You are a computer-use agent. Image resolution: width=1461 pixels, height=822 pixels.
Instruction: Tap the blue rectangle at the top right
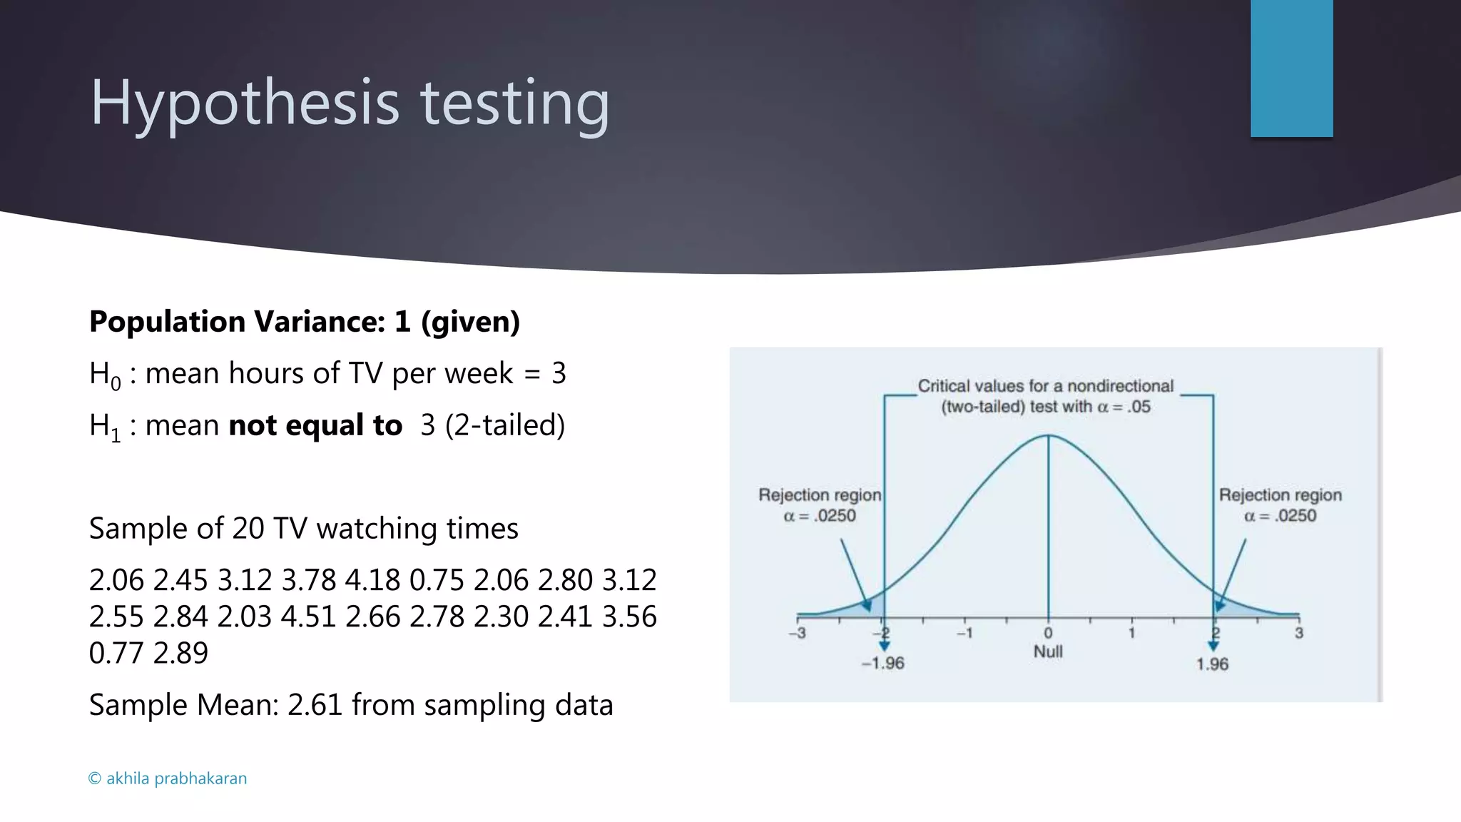(x=1291, y=68)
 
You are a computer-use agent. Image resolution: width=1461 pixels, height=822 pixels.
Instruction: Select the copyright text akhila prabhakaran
(x=168, y=778)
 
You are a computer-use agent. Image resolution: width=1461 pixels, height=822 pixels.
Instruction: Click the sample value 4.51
(x=308, y=616)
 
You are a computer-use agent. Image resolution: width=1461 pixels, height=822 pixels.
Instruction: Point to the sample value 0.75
(x=437, y=580)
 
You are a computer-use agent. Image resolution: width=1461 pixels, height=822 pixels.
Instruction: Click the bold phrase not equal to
(x=315, y=425)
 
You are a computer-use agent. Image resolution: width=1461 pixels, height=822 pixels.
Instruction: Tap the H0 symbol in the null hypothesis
(x=105, y=375)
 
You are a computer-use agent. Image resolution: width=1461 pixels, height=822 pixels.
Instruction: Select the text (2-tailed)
(x=505, y=425)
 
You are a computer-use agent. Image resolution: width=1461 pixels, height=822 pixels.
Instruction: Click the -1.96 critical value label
(x=882, y=664)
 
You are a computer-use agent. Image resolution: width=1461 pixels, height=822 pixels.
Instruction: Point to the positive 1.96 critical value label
(x=1212, y=664)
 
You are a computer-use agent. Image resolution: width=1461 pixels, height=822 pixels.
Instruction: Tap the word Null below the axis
(x=1048, y=651)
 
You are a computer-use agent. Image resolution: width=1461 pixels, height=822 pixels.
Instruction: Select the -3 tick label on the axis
(x=798, y=633)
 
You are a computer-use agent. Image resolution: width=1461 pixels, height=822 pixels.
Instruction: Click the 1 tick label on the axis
(x=1131, y=633)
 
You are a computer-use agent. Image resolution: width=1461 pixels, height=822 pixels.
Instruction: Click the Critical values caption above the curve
(x=1045, y=396)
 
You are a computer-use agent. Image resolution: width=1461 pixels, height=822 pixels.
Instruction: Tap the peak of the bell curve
(x=1048, y=435)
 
